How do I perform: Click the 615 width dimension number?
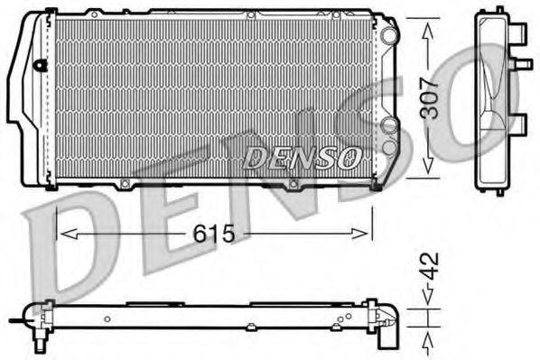[213, 235]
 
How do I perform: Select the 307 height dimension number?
[430, 97]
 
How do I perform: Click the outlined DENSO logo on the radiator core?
[302, 158]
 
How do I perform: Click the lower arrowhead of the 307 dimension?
[430, 171]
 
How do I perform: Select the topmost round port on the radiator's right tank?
[388, 34]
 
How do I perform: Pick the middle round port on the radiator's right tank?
[388, 126]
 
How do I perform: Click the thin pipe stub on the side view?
[523, 64]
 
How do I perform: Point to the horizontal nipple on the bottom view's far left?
[16, 318]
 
